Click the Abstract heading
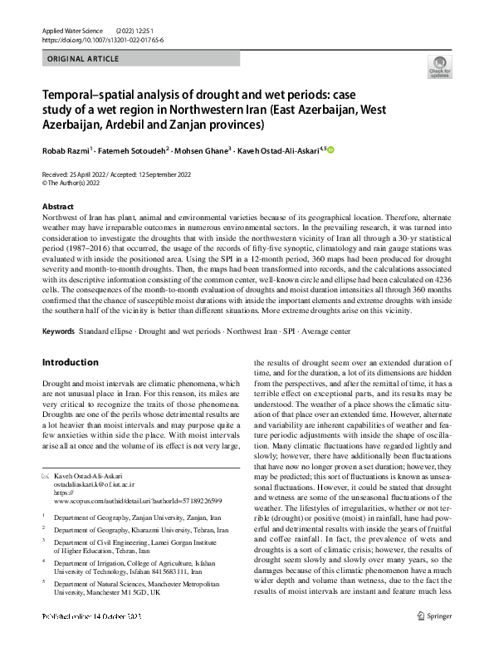pyautogui.click(x=57, y=206)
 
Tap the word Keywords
pyautogui.click(x=58, y=331)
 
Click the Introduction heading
pyautogui.click(x=70, y=362)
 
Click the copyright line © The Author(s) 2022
pyautogui.click(x=77, y=181)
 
